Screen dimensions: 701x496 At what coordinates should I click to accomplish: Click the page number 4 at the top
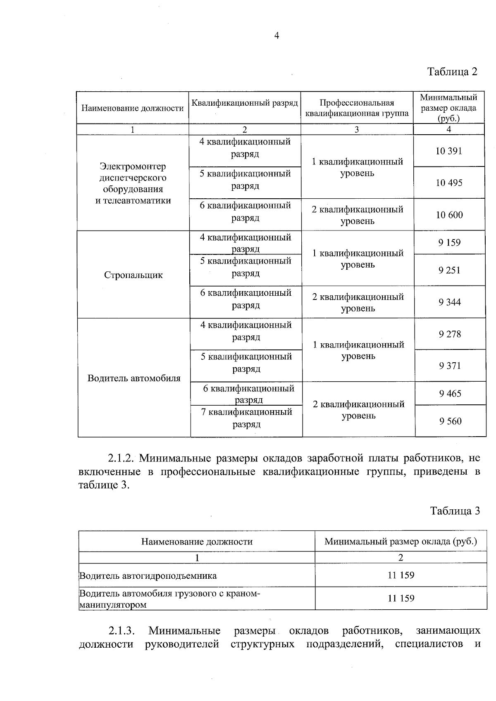click(277, 36)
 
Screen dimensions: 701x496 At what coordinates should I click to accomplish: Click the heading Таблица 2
click(452, 71)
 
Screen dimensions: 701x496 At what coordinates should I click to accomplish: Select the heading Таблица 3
click(455, 511)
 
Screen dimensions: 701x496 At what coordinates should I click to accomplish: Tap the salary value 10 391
click(448, 151)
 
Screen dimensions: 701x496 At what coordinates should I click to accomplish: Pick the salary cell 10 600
click(449, 215)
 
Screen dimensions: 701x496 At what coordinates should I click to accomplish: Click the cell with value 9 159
click(449, 242)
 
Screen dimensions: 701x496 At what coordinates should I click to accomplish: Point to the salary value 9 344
click(450, 302)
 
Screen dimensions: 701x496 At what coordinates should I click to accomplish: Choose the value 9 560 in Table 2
click(451, 421)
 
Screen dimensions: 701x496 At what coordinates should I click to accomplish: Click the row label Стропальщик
click(134, 275)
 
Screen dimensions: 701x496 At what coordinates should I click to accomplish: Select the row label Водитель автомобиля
click(134, 378)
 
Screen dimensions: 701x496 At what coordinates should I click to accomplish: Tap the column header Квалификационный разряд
click(245, 103)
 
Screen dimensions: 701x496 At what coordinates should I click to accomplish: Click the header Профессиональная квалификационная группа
click(357, 108)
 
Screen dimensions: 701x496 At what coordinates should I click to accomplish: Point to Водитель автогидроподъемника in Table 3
click(148, 575)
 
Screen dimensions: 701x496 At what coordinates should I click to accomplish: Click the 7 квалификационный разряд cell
click(246, 418)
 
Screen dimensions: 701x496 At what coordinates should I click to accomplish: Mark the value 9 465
click(450, 393)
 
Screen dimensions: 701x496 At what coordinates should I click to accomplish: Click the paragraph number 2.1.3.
click(122, 630)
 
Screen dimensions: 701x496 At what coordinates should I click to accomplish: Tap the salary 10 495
click(449, 183)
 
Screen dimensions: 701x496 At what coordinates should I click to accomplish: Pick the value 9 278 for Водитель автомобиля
click(450, 334)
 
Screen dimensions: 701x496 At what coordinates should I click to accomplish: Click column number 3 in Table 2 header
click(357, 129)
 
